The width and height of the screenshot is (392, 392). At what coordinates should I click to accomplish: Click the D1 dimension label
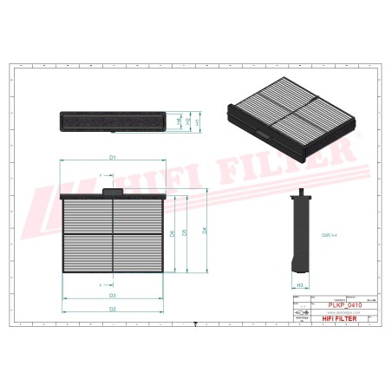point(113,157)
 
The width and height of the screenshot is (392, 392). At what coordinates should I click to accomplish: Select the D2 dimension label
point(113,309)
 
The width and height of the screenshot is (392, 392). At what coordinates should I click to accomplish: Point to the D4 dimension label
point(205,231)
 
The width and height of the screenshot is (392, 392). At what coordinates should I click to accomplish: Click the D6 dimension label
point(173,234)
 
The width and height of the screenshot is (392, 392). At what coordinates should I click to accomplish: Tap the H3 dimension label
point(299,284)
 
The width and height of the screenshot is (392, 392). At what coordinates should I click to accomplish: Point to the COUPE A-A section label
point(329,232)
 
